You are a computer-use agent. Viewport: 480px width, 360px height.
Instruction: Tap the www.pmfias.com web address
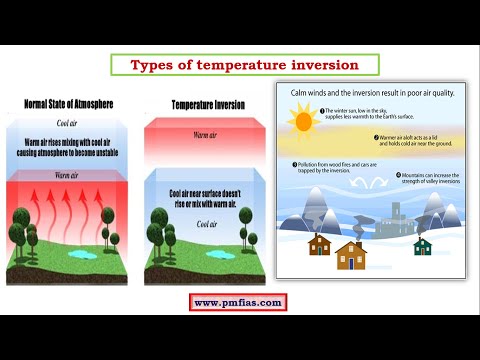[238, 302]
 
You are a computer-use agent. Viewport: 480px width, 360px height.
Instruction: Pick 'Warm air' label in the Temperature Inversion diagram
[206, 133]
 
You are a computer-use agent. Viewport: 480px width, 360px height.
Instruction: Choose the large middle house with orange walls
[351, 254]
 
